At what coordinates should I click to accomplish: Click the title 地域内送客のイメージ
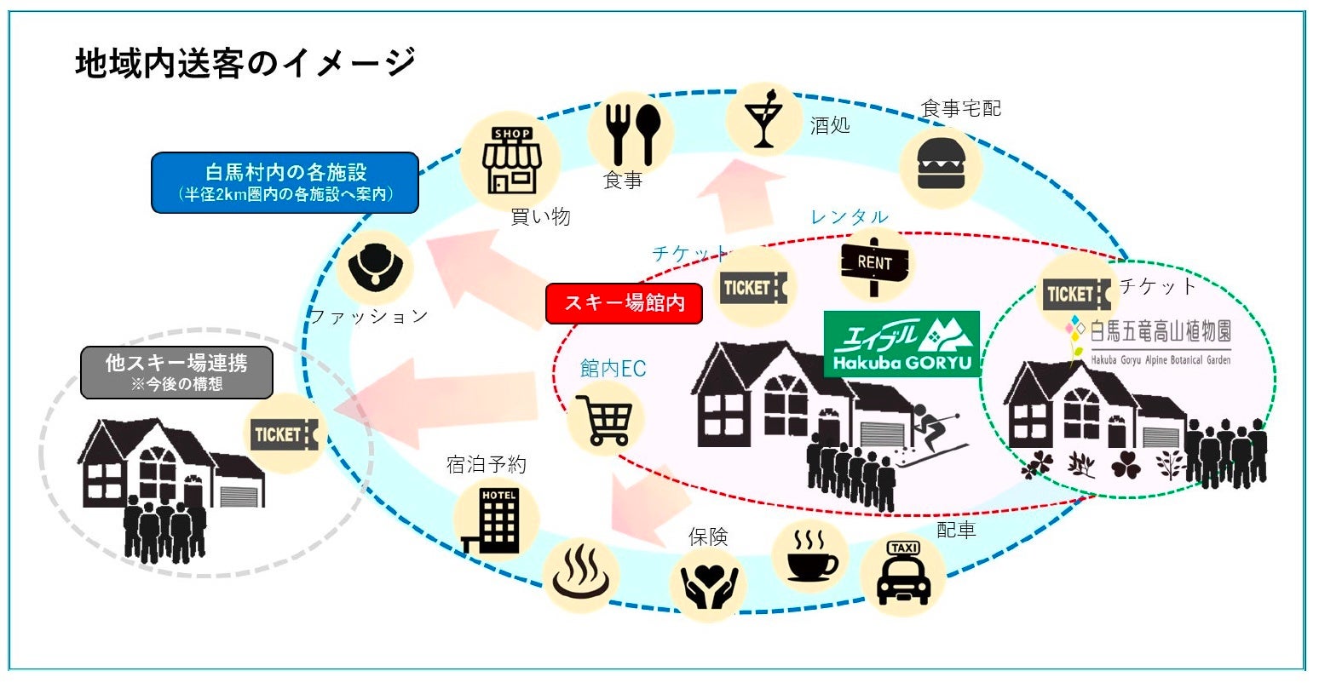tap(245, 64)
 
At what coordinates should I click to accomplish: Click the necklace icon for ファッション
tap(375, 267)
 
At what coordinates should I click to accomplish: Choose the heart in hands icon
tap(708, 583)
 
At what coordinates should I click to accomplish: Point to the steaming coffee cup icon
tap(810, 556)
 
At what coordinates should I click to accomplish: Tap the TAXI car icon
tap(902, 574)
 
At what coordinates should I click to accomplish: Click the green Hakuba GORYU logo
tap(901, 343)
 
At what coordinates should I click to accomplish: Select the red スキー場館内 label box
tap(624, 303)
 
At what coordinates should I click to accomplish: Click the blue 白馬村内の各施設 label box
tap(285, 181)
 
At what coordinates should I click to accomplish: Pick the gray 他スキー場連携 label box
tap(176, 372)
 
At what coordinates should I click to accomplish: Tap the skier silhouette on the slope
tap(936, 434)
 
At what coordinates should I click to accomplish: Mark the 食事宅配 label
tap(961, 108)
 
